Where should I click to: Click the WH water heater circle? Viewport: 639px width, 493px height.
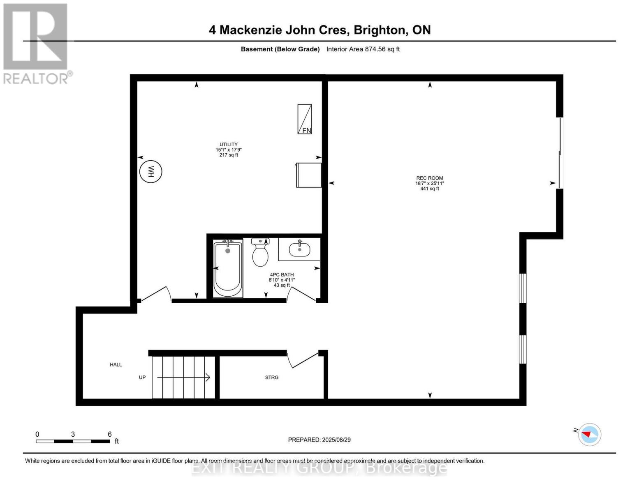(x=150, y=171)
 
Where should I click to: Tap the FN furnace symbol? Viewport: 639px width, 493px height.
(x=305, y=119)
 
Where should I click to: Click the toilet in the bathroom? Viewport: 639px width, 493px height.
(x=260, y=253)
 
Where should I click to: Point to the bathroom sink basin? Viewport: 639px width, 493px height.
(x=300, y=249)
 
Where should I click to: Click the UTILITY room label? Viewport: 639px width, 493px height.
(x=228, y=144)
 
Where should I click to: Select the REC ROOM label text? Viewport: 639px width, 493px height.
(x=430, y=178)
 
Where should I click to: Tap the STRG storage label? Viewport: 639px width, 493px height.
(x=271, y=377)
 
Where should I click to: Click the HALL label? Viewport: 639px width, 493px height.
(x=116, y=364)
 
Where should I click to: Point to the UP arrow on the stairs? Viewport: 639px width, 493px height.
(x=183, y=377)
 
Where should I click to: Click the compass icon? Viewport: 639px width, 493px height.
(x=589, y=434)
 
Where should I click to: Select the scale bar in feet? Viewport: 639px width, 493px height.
(x=73, y=441)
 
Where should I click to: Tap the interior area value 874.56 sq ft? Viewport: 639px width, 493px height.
(x=382, y=49)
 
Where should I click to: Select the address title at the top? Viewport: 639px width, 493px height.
(x=319, y=30)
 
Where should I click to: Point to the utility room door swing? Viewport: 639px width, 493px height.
(x=155, y=294)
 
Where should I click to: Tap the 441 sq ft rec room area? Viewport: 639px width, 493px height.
(x=430, y=189)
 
